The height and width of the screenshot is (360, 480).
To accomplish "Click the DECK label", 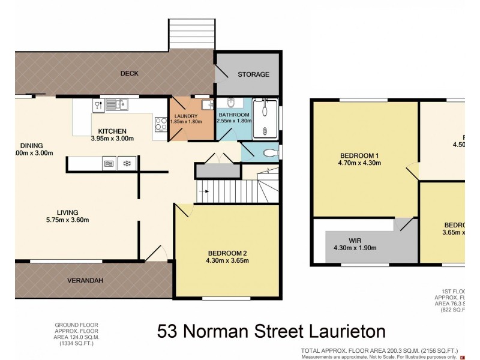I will coord(129,74).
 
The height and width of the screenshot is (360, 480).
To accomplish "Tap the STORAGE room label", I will coord(253,74).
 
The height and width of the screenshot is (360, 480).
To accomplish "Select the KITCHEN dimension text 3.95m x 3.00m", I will coord(112,139).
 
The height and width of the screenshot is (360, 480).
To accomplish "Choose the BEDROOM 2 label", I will coord(228,252).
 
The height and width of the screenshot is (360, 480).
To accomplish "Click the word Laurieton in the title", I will coord(339,331).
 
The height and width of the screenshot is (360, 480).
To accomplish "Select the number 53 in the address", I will coord(169,331).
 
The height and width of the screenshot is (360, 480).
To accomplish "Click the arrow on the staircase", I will coord(205,192).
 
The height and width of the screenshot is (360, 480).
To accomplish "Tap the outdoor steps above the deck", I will coord(191,34).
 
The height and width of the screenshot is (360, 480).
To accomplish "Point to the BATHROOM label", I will coord(233,115).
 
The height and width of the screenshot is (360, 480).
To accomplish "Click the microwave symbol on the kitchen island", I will coord(109,163).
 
